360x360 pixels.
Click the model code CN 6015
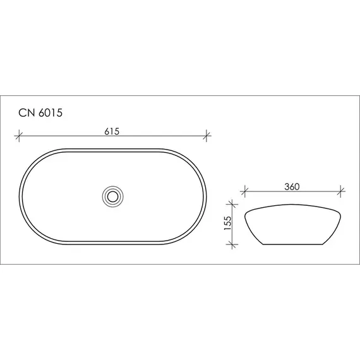coord(39,113)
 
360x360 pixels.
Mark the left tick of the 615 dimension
coord(20,135)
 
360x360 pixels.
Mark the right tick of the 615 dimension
coord(207,135)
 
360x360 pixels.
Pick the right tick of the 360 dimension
coord(341,189)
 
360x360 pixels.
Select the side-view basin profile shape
coord(294,224)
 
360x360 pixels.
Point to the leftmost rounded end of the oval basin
coord(20,195)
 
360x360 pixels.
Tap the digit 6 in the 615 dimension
coord(108,131)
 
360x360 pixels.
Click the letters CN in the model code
coord(26,113)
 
